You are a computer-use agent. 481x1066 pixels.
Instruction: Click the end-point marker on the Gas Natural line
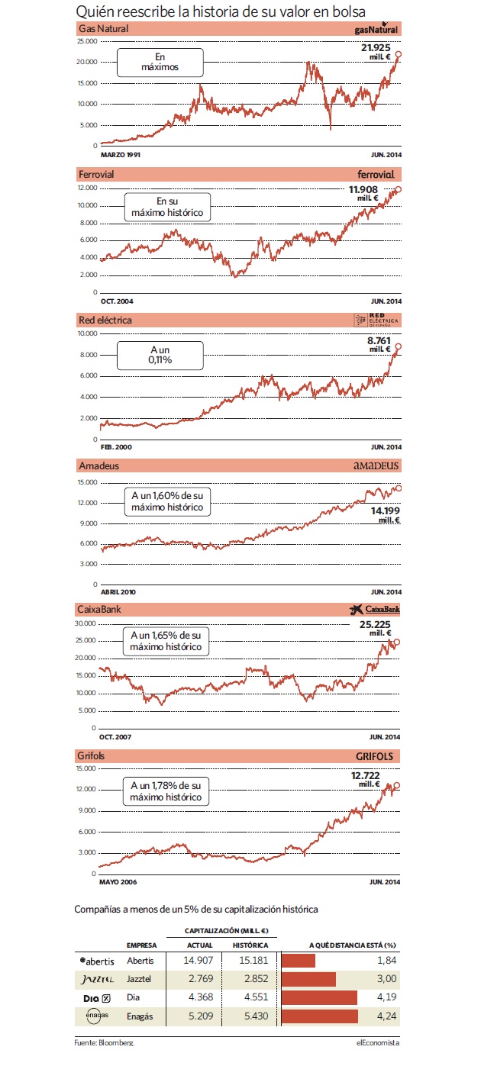(x=398, y=55)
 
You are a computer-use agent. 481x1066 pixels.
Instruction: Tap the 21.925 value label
(x=376, y=47)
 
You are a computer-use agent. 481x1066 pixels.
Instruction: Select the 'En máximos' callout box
(x=160, y=63)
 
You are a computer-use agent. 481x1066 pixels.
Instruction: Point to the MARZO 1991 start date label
(x=121, y=155)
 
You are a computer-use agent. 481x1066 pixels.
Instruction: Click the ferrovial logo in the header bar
(x=376, y=175)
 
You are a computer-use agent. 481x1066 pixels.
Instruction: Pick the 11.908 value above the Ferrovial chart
(x=363, y=189)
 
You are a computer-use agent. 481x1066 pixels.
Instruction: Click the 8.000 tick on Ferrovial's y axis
(x=88, y=223)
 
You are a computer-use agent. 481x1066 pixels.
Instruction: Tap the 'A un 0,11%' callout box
(x=160, y=355)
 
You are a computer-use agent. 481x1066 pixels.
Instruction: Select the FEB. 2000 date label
(x=116, y=447)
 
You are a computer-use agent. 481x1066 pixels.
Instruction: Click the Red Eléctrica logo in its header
(x=376, y=320)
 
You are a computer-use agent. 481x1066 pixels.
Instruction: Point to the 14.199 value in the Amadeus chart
(x=386, y=511)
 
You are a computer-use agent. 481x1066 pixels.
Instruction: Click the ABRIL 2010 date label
(x=118, y=592)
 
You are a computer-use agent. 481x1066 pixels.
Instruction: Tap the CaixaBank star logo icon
(x=357, y=609)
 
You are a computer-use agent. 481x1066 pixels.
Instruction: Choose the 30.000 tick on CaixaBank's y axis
(x=86, y=623)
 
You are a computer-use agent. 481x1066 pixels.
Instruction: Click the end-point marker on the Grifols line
(x=397, y=785)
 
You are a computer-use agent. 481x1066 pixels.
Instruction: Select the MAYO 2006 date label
(x=118, y=882)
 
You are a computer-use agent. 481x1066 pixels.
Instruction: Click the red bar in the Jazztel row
(x=308, y=979)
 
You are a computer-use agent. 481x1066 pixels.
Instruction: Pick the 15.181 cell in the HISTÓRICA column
(x=253, y=961)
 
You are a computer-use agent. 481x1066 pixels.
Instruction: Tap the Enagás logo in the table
(x=97, y=1016)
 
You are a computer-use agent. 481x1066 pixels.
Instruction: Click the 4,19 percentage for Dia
(x=386, y=997)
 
